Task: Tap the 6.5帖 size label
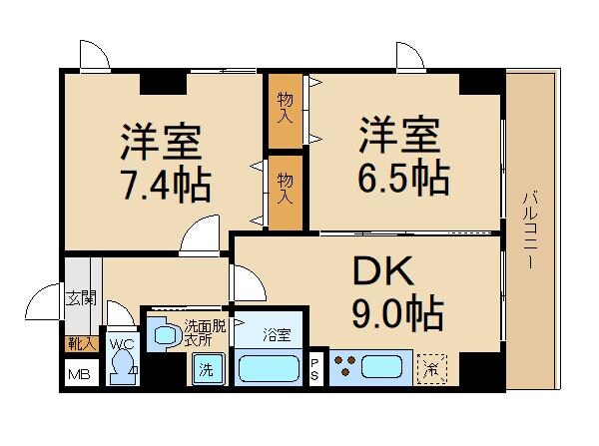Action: click(402, 177)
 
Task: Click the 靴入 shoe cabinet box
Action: click(79, 343)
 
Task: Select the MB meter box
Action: click(78, 375)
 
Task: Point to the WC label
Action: click(122, 344)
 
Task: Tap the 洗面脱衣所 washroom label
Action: click(205, 332)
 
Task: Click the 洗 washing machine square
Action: click(205, 370)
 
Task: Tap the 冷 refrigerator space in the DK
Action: click(432, 368)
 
